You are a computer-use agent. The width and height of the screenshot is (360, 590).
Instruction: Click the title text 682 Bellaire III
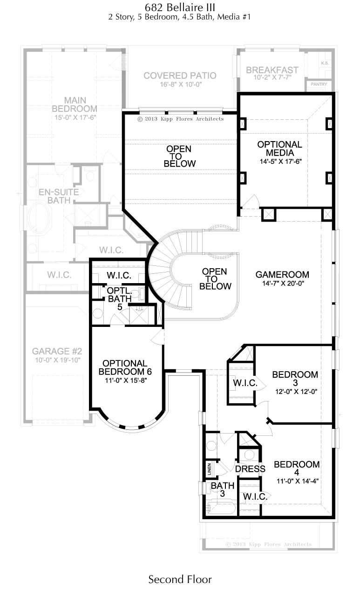click(180, 7)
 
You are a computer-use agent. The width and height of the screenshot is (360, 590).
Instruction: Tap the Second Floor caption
click(180, 579)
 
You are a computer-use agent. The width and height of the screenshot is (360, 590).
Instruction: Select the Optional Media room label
click(280, 149)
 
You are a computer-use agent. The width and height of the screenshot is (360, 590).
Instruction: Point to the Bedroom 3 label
click(295, 378)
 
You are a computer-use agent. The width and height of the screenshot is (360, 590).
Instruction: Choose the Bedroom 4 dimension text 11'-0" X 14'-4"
click(298, 481)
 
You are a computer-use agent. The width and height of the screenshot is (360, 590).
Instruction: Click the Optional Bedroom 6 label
click(125, 367)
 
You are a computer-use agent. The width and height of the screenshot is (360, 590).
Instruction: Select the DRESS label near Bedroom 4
click(250, 469)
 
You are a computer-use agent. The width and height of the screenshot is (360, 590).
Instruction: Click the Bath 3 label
click(223, 489)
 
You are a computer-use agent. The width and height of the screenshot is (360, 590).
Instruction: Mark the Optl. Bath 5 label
click(120, 298)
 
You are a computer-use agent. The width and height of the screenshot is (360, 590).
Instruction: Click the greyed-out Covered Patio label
click(180, 75)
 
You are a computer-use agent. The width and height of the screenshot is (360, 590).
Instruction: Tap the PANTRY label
click(319, 84)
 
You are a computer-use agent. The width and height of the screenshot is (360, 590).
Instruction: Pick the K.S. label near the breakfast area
click(325, 63)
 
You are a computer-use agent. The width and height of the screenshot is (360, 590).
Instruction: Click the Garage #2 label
click(57, 351)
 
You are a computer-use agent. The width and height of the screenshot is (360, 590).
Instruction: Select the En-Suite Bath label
click(59, 196)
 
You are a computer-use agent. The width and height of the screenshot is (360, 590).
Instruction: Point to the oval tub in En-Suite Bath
click(40, 217)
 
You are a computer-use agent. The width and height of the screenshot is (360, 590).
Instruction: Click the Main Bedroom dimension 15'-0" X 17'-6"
click(75, 117)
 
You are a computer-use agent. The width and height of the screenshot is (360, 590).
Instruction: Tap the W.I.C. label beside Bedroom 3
click(245, 383)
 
